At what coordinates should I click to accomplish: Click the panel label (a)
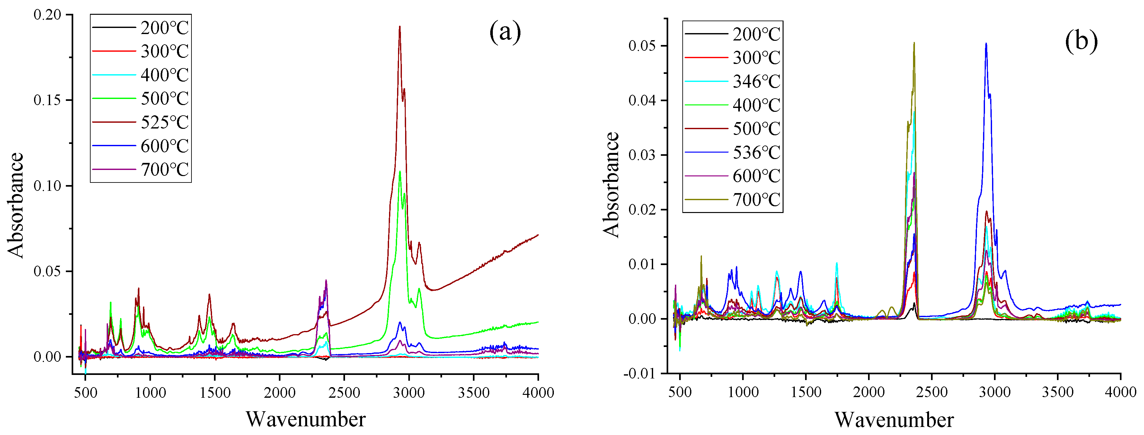[x=505, y=32]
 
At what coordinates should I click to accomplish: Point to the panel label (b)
[x=1081, y=41]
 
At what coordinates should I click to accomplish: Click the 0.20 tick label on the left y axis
[x=47, y=15]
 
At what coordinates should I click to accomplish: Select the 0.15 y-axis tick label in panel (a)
[x=47, y=100]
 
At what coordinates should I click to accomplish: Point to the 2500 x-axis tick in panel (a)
[x=344, y=392]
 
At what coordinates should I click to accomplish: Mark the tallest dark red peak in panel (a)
[x=400, y=27]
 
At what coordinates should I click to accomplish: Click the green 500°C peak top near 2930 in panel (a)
[x=400, y=172]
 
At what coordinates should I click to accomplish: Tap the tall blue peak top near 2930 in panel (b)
[x=986, y=44]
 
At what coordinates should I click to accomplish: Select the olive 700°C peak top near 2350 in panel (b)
[x=914, y=43]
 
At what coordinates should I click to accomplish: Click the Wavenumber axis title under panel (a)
[x=306, y=419]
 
